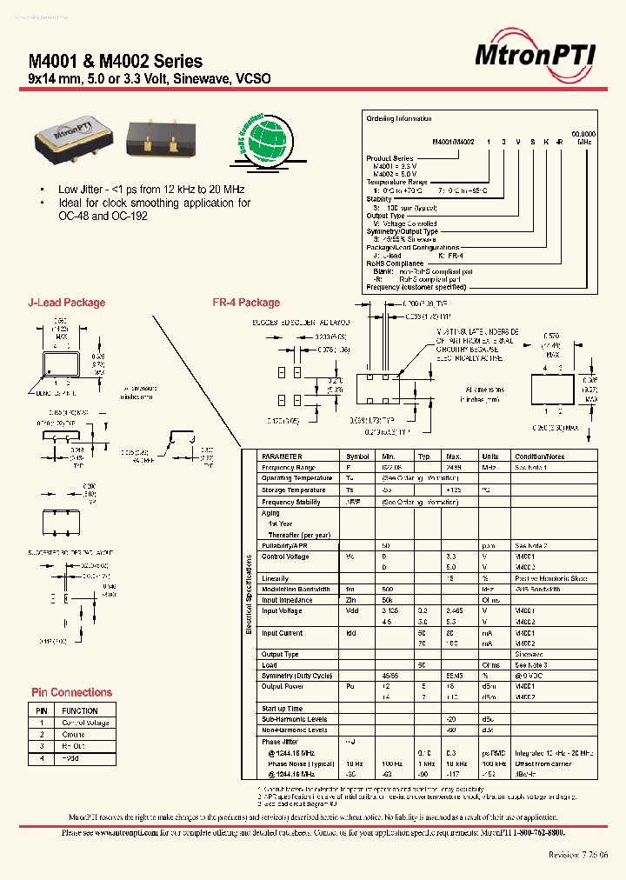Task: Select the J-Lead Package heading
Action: [x=67, y=303]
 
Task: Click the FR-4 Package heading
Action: [x=246, y=303]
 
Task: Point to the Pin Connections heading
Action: [x=71, y=692]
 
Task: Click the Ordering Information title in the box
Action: [x=399, y=119]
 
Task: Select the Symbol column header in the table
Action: [x=357, y=456]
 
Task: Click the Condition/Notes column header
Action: [x=539, y=456]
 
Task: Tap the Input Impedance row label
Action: [x=287, y=600]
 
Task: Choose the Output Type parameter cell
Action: [x=280, y=654]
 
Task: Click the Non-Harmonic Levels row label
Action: [x=294, y=730]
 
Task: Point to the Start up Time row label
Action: [x=283, y=709]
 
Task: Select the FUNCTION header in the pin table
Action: [x=79, y=710]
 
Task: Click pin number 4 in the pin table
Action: [x=41, y=759]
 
